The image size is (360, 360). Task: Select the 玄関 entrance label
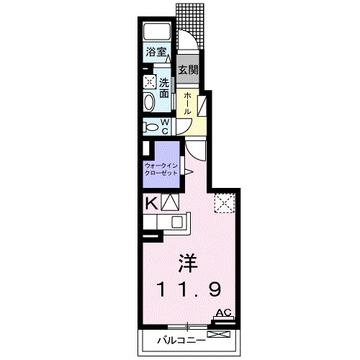(188, 71)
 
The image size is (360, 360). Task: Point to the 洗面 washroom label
(164, 89)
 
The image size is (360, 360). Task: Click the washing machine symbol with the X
(149, 82)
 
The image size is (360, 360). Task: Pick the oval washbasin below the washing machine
(149, 102)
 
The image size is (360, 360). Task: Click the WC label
(164, 126)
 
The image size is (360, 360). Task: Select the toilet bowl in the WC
(150, 127)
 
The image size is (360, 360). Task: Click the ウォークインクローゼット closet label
(161, 170)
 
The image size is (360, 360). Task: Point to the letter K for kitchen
(151, 203)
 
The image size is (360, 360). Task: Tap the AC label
(223, 312)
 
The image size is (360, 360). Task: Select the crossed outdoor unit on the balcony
(220, 334)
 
